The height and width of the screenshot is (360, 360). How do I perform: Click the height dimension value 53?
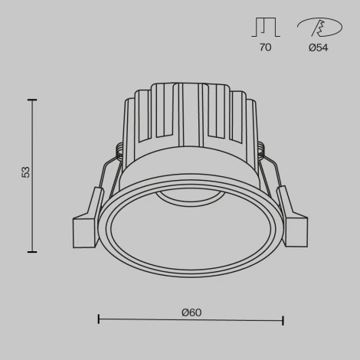click(x=25, y=172)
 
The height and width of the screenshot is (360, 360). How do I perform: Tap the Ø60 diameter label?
click(x=191, y=312)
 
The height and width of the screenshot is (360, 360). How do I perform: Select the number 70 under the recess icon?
click(x=265, y=47)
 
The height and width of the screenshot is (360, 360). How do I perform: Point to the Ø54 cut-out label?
click(x=318, y=47)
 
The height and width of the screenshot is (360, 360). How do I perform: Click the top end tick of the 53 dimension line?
click(x=32, y=100)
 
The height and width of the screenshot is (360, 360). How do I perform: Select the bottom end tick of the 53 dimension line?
click(x=32, y=251)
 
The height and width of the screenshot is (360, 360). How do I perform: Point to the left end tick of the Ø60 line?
click(x=99, y=319)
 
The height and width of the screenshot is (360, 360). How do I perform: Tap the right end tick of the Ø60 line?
click(x=283, y=319)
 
